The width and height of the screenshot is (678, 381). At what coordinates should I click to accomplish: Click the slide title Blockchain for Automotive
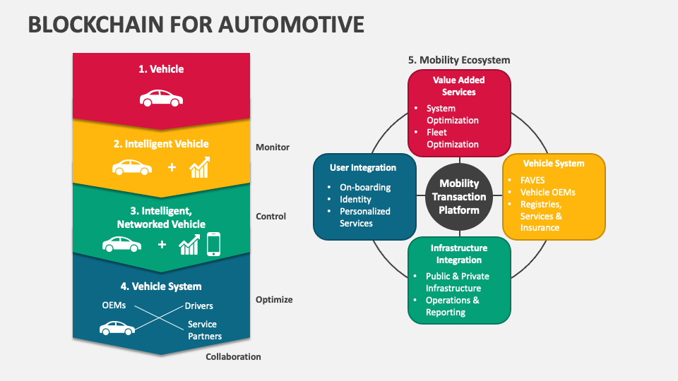196,25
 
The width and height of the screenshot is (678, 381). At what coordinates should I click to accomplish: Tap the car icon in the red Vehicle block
161,98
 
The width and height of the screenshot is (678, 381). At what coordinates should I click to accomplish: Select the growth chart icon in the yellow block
200,168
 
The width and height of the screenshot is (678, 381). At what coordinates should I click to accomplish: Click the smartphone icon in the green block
214,244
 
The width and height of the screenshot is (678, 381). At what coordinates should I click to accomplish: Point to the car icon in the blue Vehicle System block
117,328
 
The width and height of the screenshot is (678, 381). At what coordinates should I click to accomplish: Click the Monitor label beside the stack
273,147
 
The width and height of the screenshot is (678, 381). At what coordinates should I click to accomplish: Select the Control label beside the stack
271,217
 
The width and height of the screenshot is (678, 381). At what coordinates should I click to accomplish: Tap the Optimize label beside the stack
274,300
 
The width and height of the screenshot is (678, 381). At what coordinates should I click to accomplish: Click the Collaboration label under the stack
233,357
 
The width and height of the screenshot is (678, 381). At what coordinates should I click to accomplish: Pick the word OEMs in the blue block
114,306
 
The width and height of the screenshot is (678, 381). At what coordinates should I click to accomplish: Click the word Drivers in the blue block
198,306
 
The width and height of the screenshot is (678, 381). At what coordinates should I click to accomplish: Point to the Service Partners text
204,330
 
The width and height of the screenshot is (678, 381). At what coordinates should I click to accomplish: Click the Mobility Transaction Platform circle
459,197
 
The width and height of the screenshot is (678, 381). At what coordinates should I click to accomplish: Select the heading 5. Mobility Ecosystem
458,60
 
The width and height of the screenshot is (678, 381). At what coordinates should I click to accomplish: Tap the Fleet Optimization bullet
452,138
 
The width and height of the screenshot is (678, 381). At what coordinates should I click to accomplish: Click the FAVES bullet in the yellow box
532,181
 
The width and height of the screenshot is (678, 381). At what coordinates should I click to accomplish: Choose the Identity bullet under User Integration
355,200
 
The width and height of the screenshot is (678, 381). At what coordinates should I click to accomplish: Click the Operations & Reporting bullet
452,306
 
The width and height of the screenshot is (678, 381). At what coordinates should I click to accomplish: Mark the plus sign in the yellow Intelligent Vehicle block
172,168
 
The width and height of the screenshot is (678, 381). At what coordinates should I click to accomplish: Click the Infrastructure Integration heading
459,254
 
